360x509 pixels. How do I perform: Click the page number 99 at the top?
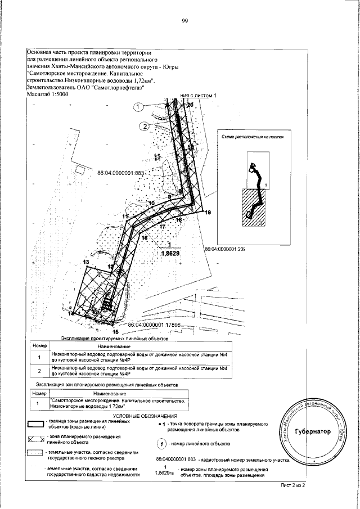[x=184, y=22]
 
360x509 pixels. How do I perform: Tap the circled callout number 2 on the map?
[x=145, y=126]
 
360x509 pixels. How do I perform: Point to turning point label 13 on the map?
[x=86, y=262]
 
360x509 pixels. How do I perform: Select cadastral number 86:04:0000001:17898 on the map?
[x=154, y=325]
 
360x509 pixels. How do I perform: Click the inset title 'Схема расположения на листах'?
[x=250, y=137]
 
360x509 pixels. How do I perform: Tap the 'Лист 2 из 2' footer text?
[x=292, y=484]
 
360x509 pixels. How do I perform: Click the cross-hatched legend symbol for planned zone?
[x=36, y=439]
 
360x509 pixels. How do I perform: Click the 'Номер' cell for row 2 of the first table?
[x=39, y=371]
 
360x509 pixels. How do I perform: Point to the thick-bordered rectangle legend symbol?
[x=36, y=424]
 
